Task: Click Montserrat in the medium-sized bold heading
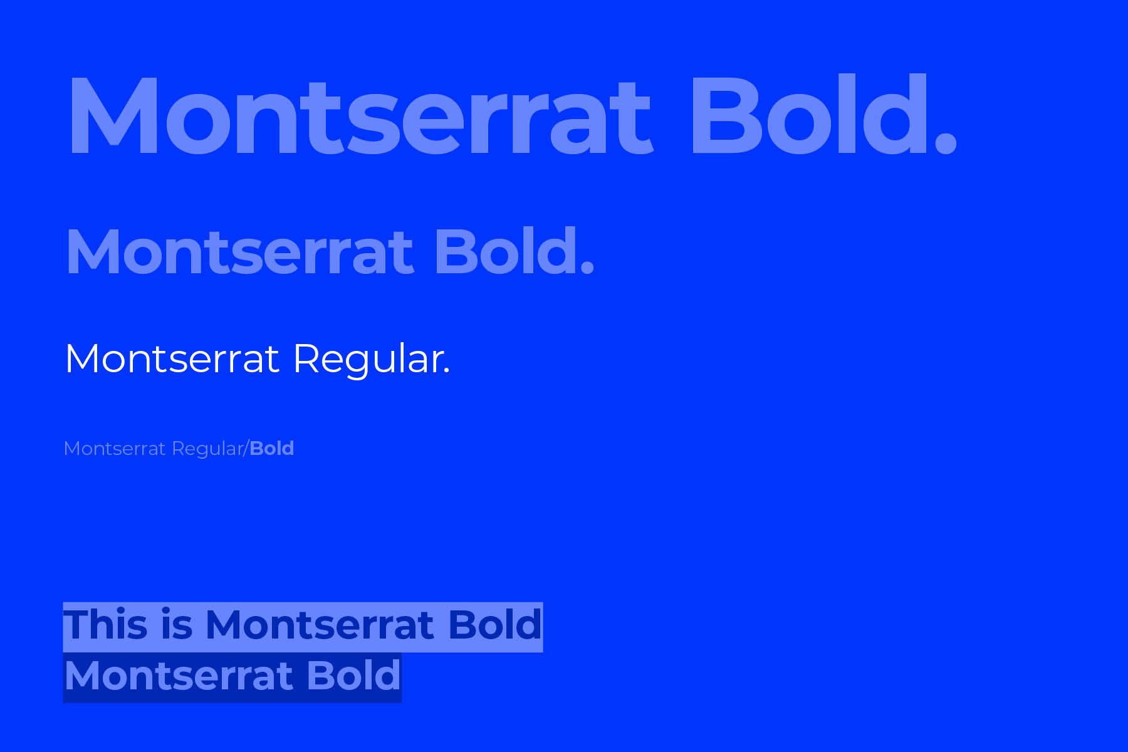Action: coord(240,253)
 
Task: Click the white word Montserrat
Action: coord(172,359)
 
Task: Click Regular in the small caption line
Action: coord(207,449)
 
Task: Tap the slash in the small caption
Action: coord(246,449)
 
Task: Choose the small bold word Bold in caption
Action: coord(272,448)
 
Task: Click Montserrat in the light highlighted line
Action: coord(320,625)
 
